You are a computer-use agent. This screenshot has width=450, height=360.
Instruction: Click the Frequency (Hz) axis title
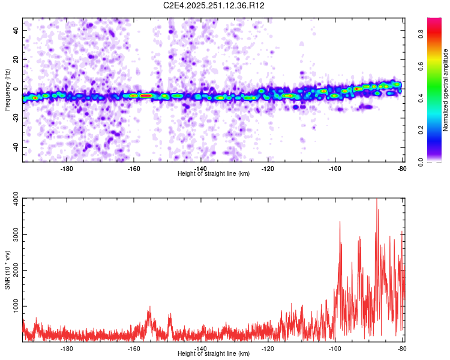(x=7, y=90)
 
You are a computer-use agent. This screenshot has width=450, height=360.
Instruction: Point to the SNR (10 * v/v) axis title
(x=7, y=270)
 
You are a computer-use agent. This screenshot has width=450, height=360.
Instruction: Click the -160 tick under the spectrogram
(x=134, y=168)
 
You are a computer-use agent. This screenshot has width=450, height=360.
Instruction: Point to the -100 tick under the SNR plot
(x=335, y=348)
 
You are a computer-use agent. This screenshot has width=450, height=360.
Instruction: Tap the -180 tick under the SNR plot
(x=67, y=348)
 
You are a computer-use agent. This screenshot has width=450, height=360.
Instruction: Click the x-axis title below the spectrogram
(x=214, y=173)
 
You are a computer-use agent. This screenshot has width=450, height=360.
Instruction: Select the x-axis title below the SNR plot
(x=214, y=354)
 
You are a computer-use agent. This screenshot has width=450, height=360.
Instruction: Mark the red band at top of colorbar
(x=434, y=21)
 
